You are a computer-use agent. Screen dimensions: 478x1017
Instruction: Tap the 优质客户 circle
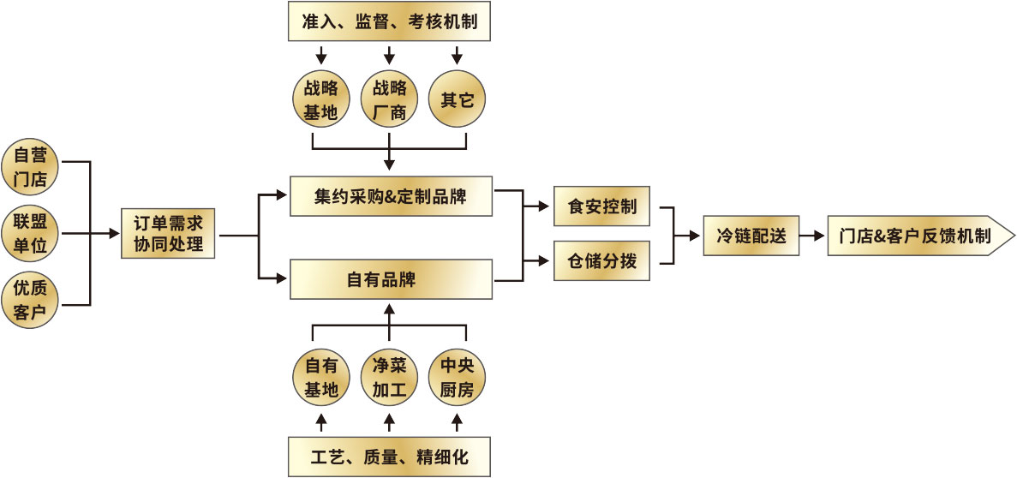point(30,299)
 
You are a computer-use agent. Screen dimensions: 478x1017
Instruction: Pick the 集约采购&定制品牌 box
point(391,196)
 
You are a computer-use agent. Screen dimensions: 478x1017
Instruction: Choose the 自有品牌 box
point(391,279)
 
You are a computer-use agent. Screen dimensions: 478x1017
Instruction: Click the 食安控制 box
point(602,206)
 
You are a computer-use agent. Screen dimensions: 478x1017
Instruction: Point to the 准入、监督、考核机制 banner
point(389,22)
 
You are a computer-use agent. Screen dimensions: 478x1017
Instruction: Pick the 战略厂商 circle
point(389,100)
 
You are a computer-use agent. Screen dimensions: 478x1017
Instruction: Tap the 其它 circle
point(457,100)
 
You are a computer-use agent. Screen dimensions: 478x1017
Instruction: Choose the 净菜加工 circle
point(389,378)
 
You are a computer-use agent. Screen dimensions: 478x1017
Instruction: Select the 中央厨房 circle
point(457,378)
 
